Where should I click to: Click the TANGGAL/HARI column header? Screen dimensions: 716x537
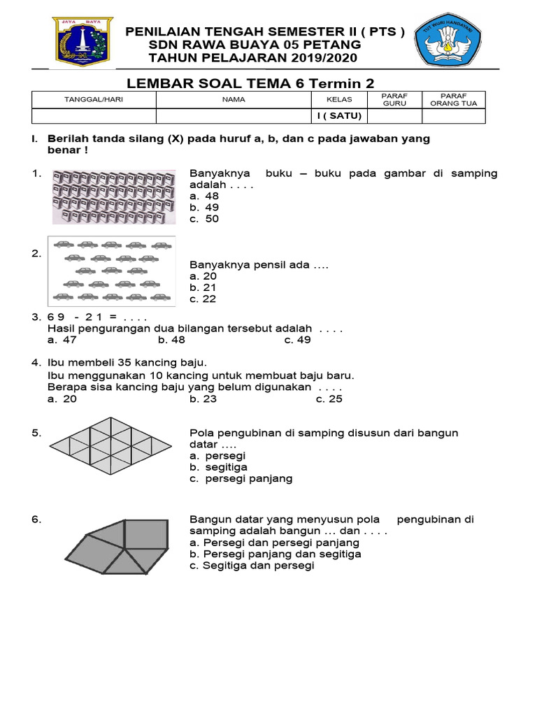[94, 99]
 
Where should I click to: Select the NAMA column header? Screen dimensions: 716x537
[234, 99]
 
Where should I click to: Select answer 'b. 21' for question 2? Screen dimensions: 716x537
[203, 287]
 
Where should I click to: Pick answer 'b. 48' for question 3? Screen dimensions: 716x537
[171, 341]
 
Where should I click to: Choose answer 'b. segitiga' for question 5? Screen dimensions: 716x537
[218, 467]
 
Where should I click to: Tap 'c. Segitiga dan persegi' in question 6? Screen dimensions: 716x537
[252, 566]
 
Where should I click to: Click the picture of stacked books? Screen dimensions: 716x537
[113, 197]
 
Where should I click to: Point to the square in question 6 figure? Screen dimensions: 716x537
[145, 535]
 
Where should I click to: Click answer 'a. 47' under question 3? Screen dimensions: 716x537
[62, 341]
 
